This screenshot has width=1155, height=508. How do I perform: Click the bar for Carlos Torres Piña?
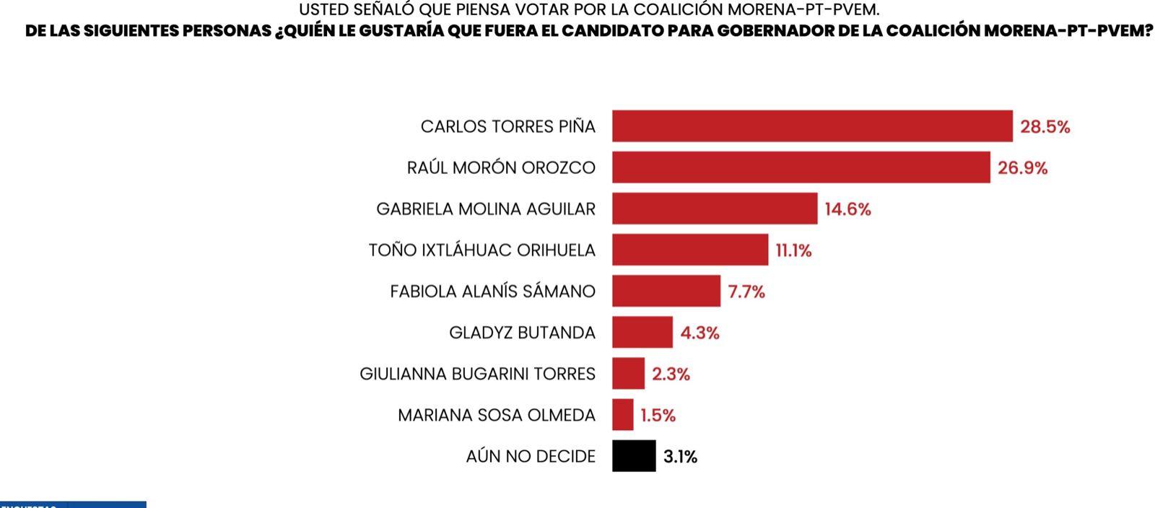(812, 126)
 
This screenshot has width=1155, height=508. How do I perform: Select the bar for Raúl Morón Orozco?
(801, 167)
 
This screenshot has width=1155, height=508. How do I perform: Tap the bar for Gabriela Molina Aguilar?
(715, 209)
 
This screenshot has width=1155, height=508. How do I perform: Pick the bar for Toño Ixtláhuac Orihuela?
(690, 250)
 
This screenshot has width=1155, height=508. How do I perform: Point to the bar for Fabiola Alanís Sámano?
(666, 291)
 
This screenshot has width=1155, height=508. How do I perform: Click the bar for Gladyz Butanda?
(642, 332)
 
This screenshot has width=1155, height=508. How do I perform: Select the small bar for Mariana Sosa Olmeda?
(622, 415)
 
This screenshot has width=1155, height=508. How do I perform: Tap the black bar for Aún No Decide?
(634, 456)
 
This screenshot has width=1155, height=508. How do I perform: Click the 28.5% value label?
(1045, 127)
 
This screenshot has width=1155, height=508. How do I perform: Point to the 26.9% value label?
(1022, 168)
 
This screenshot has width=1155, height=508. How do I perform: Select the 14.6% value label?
(847, 209)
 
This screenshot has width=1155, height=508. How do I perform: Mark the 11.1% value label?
(793, 250)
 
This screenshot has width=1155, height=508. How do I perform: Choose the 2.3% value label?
(671, 374)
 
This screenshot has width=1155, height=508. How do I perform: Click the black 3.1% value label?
(680, 457)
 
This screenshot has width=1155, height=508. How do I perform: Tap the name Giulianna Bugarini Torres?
(477, 374)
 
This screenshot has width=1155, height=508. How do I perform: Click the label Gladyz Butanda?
(522, 333)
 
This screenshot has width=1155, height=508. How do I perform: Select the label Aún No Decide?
(531, 456)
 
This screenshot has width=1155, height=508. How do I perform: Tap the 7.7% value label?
(746, 292)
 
